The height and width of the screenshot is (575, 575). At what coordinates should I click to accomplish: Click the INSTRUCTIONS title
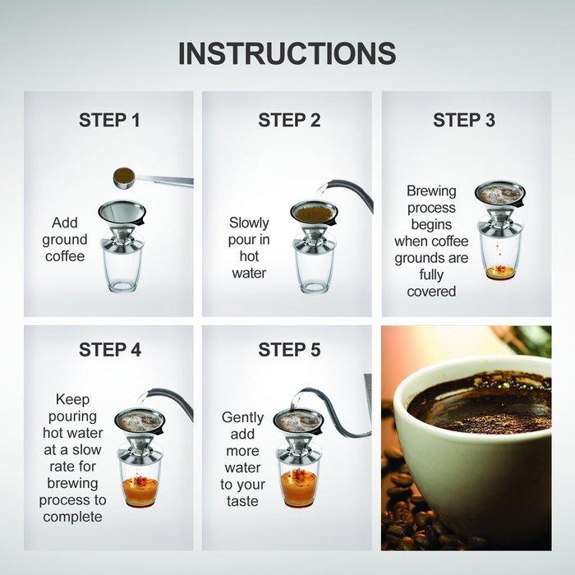click(287, 53)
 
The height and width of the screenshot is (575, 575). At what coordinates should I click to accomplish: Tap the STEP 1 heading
click(109, 121)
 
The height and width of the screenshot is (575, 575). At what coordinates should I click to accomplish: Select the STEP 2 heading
click(289, 121)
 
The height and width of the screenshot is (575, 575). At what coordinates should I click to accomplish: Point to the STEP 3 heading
click(464, 121)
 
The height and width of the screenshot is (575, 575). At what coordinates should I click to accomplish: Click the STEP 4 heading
click(109, 350)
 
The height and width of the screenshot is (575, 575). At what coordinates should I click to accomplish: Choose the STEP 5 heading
click(289, 350)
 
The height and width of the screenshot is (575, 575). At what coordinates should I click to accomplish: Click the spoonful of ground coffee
click(125, 176)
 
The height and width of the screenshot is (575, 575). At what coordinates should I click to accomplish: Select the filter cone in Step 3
click(499, 197)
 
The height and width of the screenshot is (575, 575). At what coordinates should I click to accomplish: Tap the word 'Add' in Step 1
click(65, 223)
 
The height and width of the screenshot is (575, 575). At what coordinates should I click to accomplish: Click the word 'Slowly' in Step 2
click(249, 223)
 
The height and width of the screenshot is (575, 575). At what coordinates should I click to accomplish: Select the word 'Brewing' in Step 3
click(431, 191)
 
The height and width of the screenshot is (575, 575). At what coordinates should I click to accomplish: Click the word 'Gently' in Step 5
click(242, 417)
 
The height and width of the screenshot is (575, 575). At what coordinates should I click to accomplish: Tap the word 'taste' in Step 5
click(242, 501)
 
